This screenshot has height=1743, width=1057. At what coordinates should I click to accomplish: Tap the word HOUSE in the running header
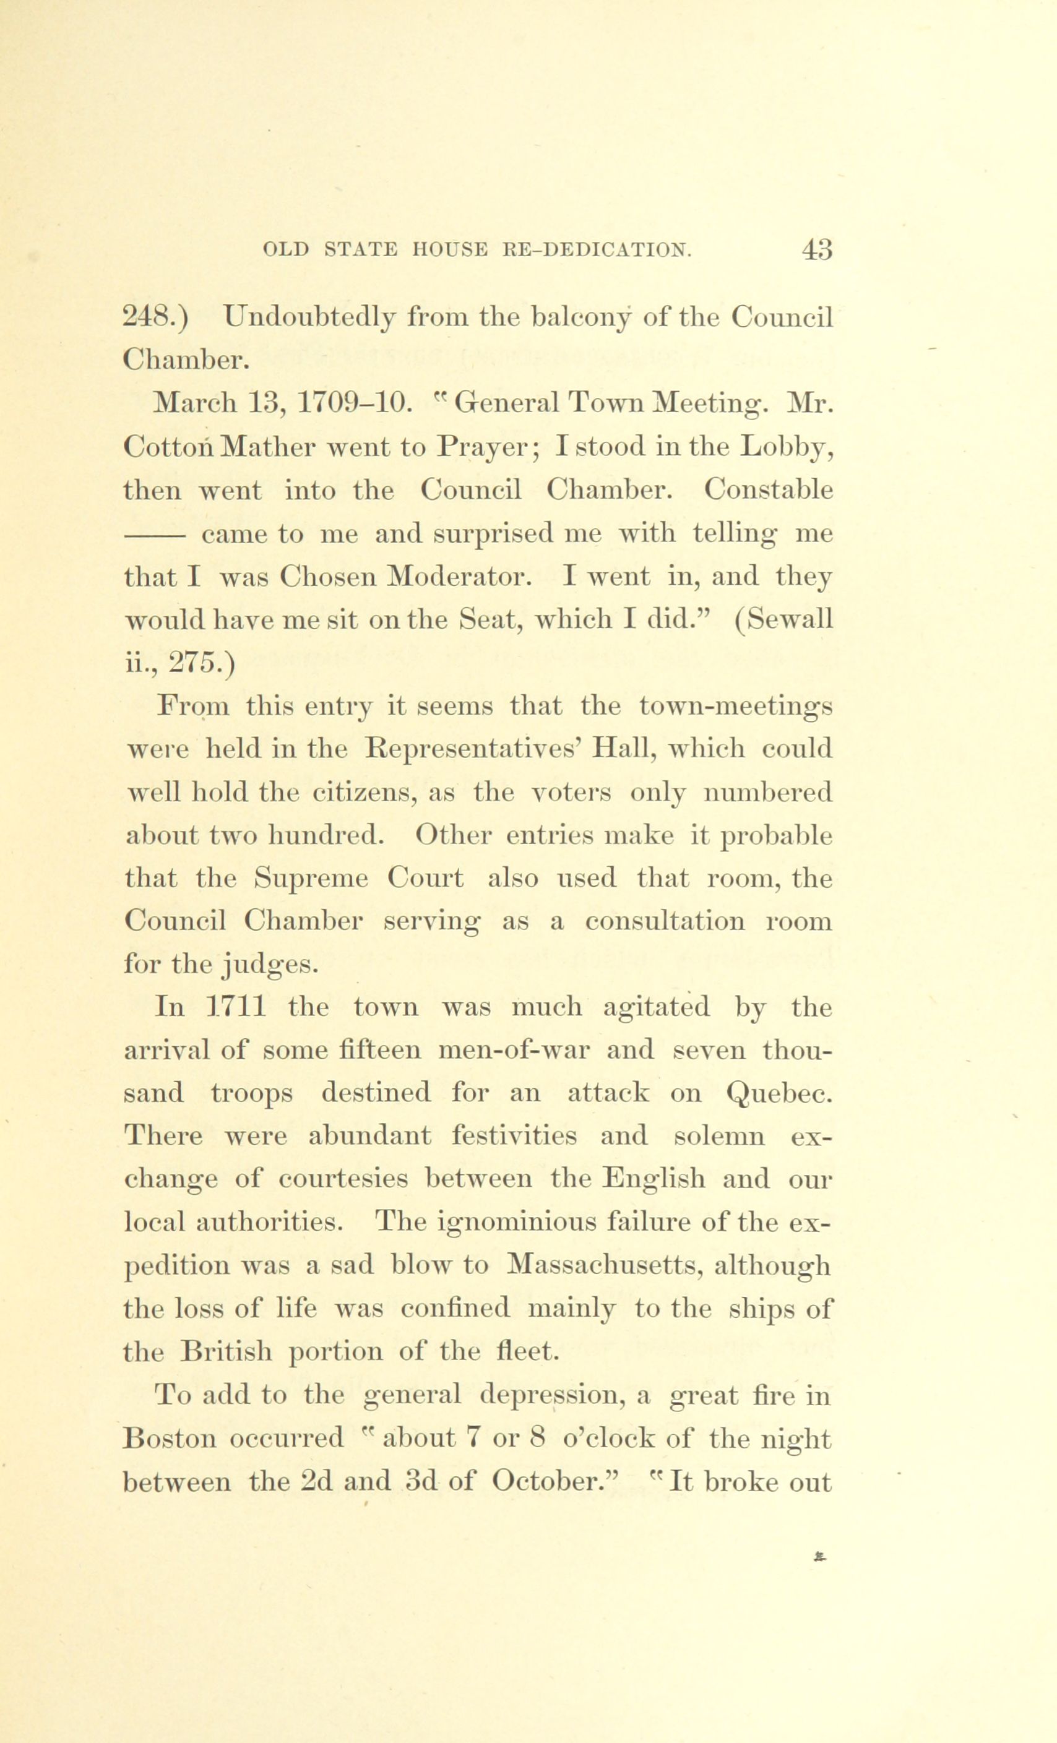(450, 251)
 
